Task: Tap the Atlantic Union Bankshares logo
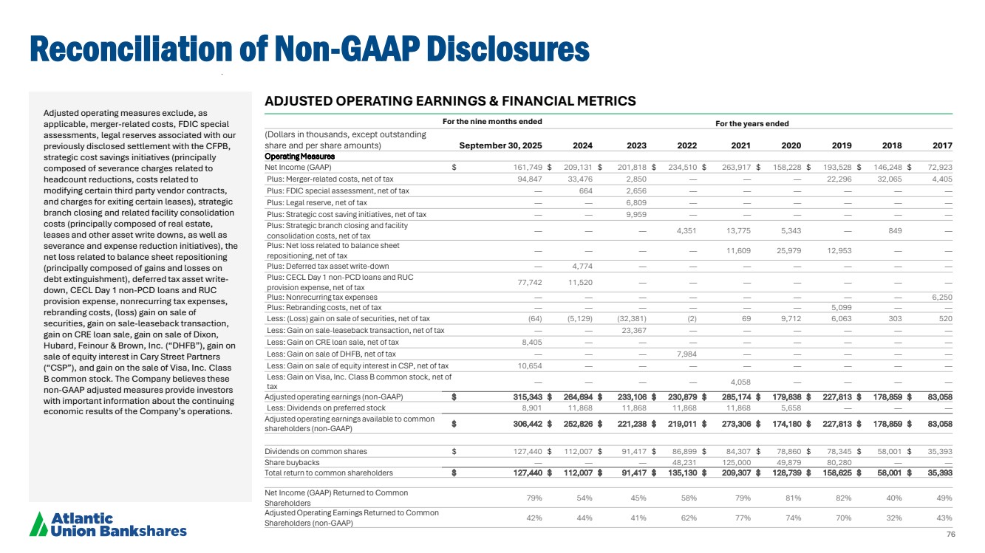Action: (x=108, y=524)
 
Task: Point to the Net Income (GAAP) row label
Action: (x=298, y=167)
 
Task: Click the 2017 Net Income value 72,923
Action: (x=937, y=167)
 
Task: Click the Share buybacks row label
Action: (x=293, y=462)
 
